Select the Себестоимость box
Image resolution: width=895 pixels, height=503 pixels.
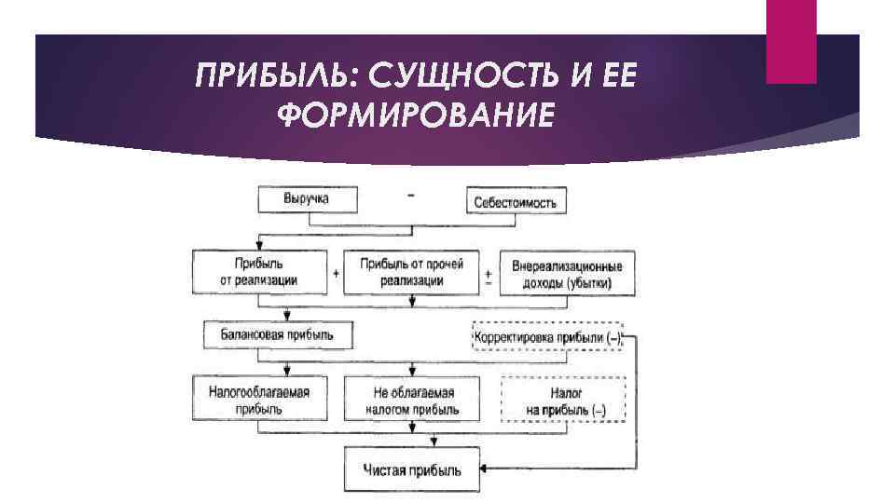pyautogui.click(x=516, y=200)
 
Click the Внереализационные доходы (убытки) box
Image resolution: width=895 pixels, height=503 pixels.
pyautogui.click(x=567, y=274)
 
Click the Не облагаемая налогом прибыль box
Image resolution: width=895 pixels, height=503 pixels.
pyautogui.click(x=412, y=398)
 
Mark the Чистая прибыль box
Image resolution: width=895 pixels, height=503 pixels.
pyautogui.click(x=412, y=469)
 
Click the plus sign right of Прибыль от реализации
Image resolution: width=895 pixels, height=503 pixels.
pyautogui.click(x=335, y=275)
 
